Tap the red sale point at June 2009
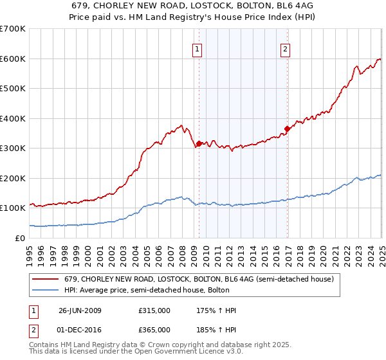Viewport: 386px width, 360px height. coord(199,143)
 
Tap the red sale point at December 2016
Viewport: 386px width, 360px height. coord(287,129)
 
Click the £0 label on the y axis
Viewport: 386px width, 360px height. coord(20,238)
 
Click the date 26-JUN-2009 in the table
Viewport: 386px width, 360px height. coord(80,310)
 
